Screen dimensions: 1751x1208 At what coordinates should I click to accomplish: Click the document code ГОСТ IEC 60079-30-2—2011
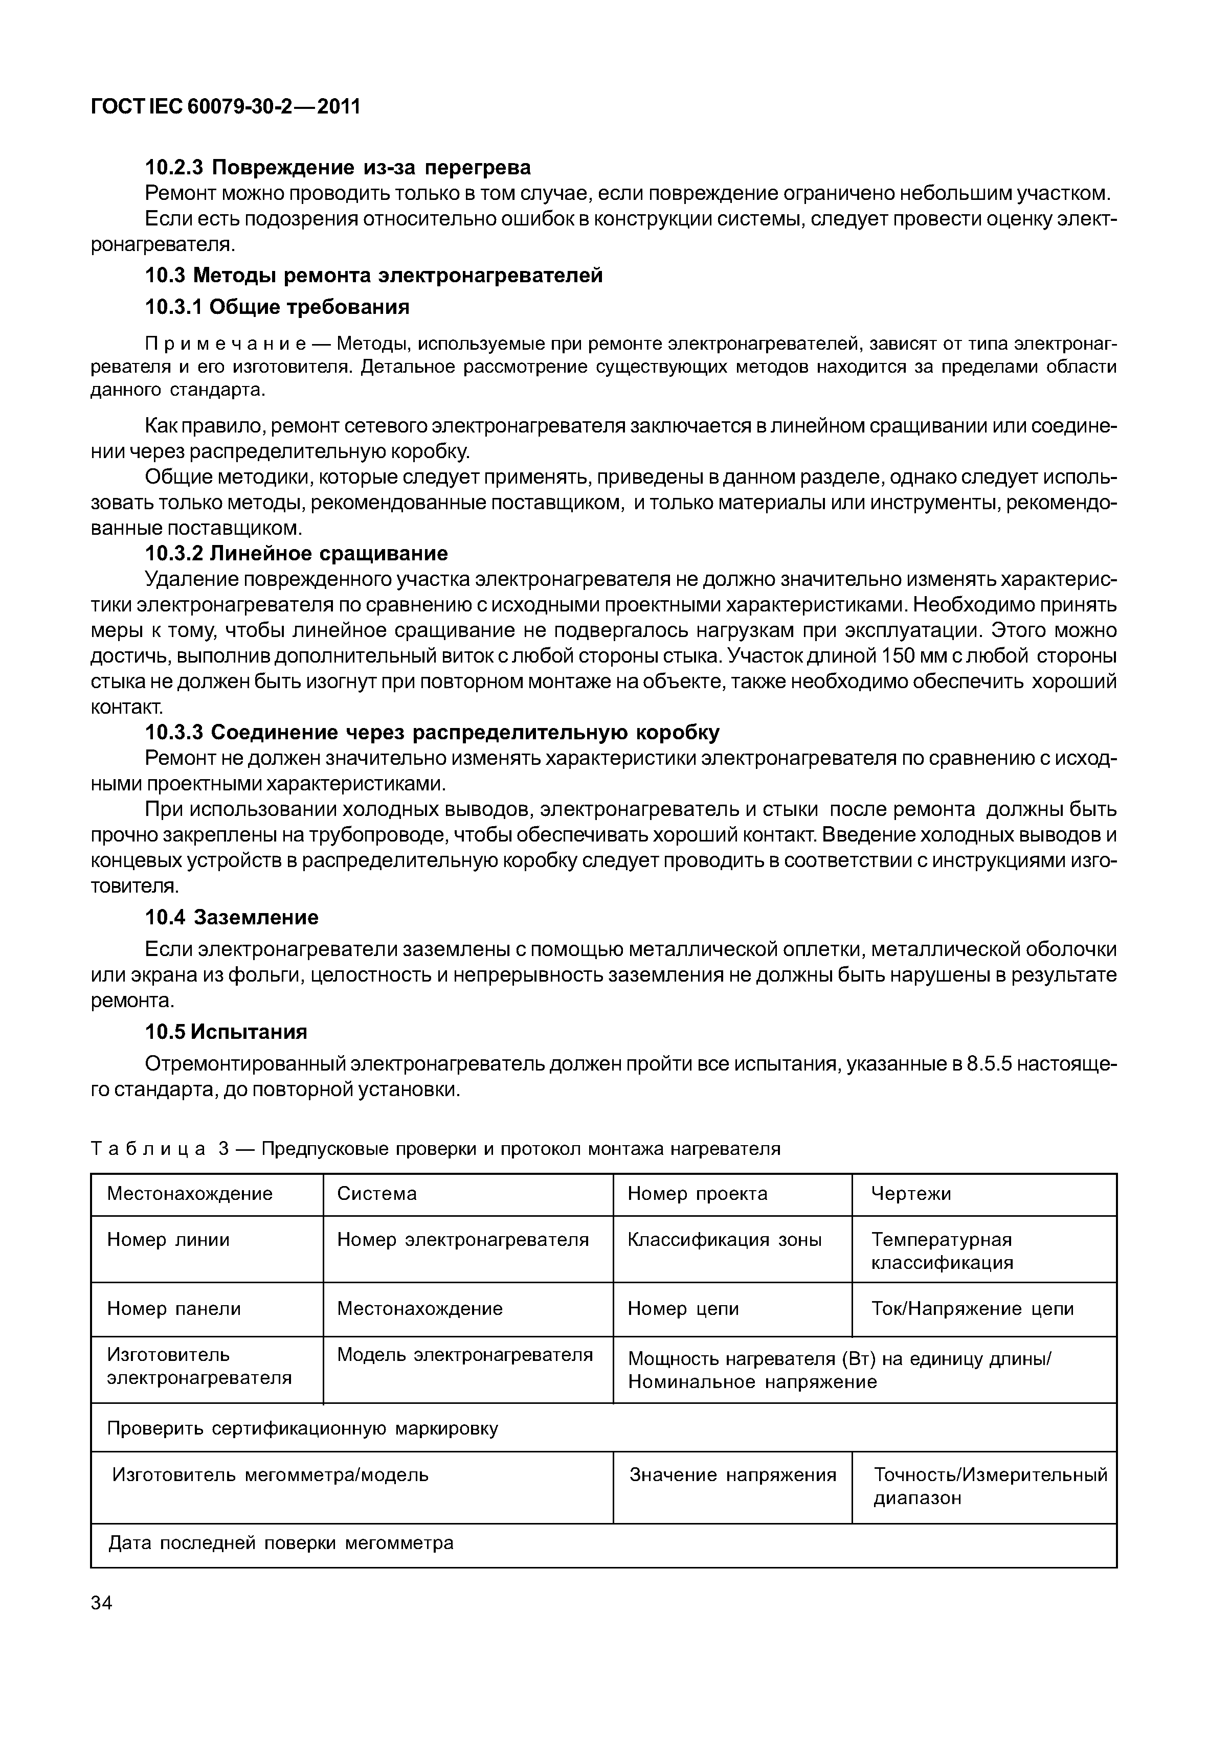[x=226, y=107]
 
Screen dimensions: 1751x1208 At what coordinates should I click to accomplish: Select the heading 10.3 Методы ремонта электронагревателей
[x=374, y=276]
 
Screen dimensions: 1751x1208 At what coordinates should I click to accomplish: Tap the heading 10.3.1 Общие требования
[x=277, y=307]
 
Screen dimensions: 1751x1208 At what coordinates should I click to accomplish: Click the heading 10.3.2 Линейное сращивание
[x=296, y=553]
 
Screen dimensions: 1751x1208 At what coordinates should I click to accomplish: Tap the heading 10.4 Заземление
[x=232, y=917]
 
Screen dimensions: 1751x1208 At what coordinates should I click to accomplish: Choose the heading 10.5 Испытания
[x=227, y=1032]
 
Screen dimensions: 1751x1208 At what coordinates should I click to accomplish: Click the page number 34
[x=101, y=1603]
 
